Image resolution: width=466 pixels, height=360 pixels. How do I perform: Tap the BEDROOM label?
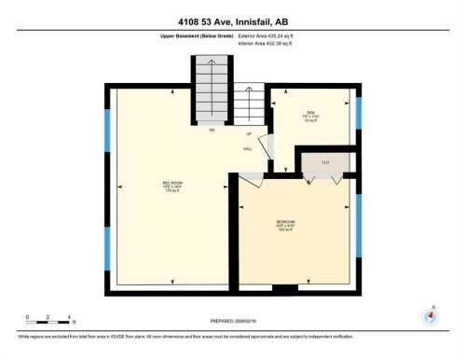286,223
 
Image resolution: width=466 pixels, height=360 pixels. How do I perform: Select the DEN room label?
311,116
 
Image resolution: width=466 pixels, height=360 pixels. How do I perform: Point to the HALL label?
249,147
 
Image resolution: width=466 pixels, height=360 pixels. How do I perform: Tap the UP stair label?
249,133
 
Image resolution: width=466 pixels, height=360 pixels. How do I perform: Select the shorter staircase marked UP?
249,106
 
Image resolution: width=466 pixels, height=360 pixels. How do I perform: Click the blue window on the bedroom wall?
359,224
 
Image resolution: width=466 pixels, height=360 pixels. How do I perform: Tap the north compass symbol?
430,315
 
